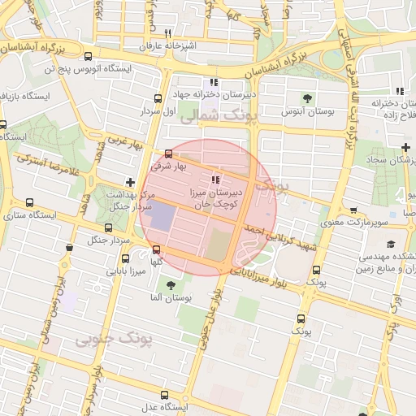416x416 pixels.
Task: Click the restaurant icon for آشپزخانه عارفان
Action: [167, 34]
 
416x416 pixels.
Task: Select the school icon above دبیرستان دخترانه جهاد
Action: [214, 82]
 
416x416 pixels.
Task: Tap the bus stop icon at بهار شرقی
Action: [168, 154]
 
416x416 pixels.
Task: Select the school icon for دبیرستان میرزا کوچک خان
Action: [214, 180]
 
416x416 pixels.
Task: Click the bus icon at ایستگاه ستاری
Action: [30, 203]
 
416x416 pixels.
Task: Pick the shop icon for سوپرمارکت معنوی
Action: [353, 210]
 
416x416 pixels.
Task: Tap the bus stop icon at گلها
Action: [156, 250]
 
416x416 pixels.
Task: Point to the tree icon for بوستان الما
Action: [171, 285]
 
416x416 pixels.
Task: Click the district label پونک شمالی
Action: [216, 118]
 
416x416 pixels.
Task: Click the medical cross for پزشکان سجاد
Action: [405, 146]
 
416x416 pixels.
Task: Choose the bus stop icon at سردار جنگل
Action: [110, 227]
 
